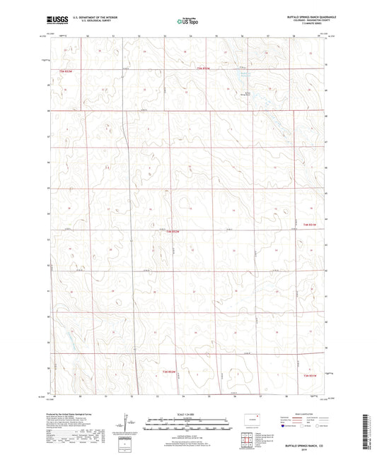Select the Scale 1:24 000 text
click(187, 415)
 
